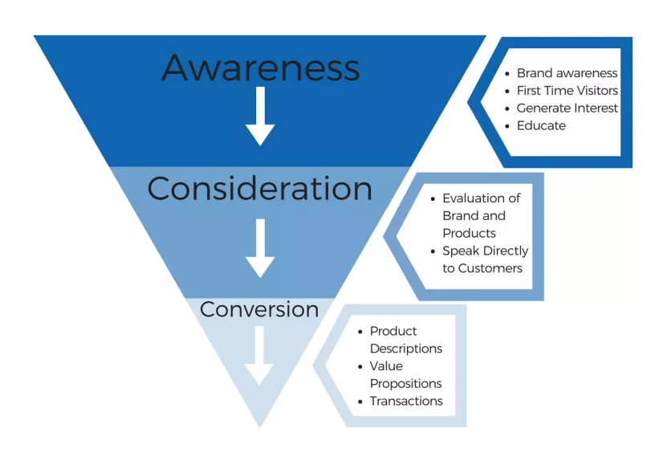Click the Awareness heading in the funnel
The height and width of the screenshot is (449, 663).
click(260, 67)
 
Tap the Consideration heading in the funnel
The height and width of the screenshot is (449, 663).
click(259, 188)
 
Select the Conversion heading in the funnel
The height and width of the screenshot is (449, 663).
click(259, 309)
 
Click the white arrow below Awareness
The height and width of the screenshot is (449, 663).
click(260, 116)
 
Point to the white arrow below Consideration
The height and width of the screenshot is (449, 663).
click(260, 248)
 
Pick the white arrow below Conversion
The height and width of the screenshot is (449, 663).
click(259, 356)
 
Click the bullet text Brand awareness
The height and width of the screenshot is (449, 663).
click(567, 73)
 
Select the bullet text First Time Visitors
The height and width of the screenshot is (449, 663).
click(567, 91)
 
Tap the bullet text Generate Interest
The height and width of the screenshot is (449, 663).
click(567, 108)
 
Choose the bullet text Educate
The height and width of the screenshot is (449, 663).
click(541, 125)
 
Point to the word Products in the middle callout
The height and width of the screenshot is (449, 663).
click(469, 233)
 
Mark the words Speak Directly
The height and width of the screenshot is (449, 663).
click(486, 251)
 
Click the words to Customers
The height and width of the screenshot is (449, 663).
click(482, 268)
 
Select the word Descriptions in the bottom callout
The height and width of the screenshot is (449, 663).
click(406, 349)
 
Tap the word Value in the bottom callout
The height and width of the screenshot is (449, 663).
click(386, 366)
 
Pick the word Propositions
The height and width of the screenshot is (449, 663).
click(406, 384)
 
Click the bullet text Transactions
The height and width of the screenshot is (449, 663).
click(406, 401)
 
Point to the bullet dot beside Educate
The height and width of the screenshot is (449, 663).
click(507, 126)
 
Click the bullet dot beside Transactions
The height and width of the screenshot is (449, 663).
click(360, 402)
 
